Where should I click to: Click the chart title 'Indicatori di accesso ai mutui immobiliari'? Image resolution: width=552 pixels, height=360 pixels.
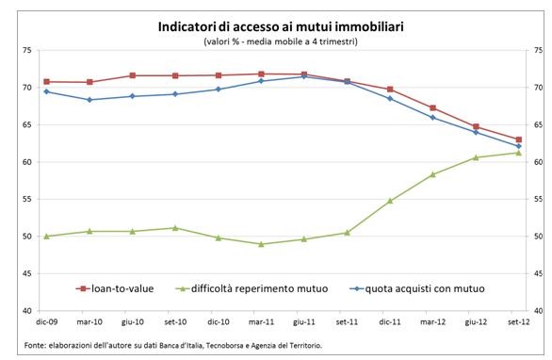click(276, 27)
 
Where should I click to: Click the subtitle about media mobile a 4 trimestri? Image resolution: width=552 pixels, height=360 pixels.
click(276, 43)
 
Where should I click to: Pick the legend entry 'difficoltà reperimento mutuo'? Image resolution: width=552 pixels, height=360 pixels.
click(259, 287)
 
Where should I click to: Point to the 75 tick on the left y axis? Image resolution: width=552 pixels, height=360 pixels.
click(29, 51)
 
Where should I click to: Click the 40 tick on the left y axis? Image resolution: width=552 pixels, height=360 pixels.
click(29, 311)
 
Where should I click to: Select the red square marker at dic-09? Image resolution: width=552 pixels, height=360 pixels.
click(47, 82)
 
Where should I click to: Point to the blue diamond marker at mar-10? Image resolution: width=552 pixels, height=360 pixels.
click(89, 99)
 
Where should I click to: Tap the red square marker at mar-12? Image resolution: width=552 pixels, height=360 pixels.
click(432, 107)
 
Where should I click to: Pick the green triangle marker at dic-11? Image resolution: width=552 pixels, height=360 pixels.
click(390, 201)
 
